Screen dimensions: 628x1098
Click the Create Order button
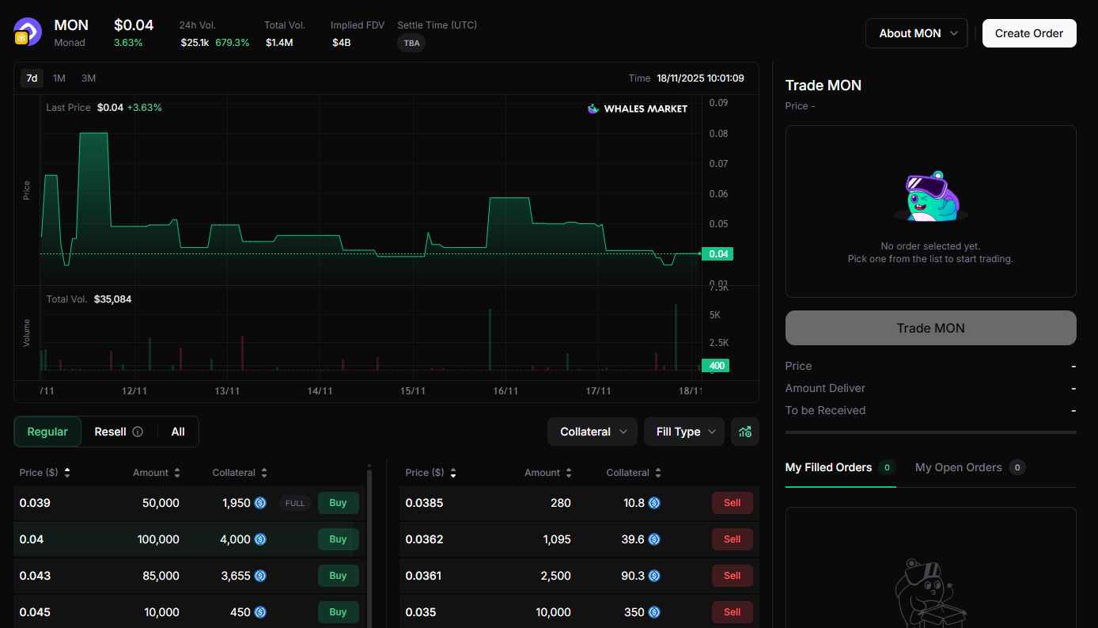(x=1029, y=33)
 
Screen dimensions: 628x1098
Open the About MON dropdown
(x=916, y=33)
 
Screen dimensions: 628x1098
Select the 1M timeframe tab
(x=59, y=78)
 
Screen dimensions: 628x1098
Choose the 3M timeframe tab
(x=89, y=78)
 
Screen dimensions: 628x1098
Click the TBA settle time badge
(x=411, y=43)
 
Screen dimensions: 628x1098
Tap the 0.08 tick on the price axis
(x=718, y=134)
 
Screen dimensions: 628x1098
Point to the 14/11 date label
(x=320, y=391)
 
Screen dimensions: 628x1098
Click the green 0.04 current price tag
(x=717, y=254)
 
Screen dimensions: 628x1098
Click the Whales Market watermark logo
(x=638, y=108)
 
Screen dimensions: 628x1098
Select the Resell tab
(x=111, y=432)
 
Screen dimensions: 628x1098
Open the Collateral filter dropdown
(x=593, y=432)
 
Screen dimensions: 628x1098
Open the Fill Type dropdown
(x=684, y=432)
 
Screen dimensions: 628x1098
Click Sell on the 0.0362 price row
(x=732, y=539)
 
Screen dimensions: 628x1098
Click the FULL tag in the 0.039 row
(x=295, y=503)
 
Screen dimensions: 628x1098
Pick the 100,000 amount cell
(x=158, y=539)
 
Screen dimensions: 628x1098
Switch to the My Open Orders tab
(x=959, y=467)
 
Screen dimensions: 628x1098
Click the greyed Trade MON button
(x=930, y=328)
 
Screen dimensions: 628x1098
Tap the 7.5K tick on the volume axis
(x=718, y=288)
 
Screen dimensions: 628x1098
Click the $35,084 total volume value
(x=113, y=299)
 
